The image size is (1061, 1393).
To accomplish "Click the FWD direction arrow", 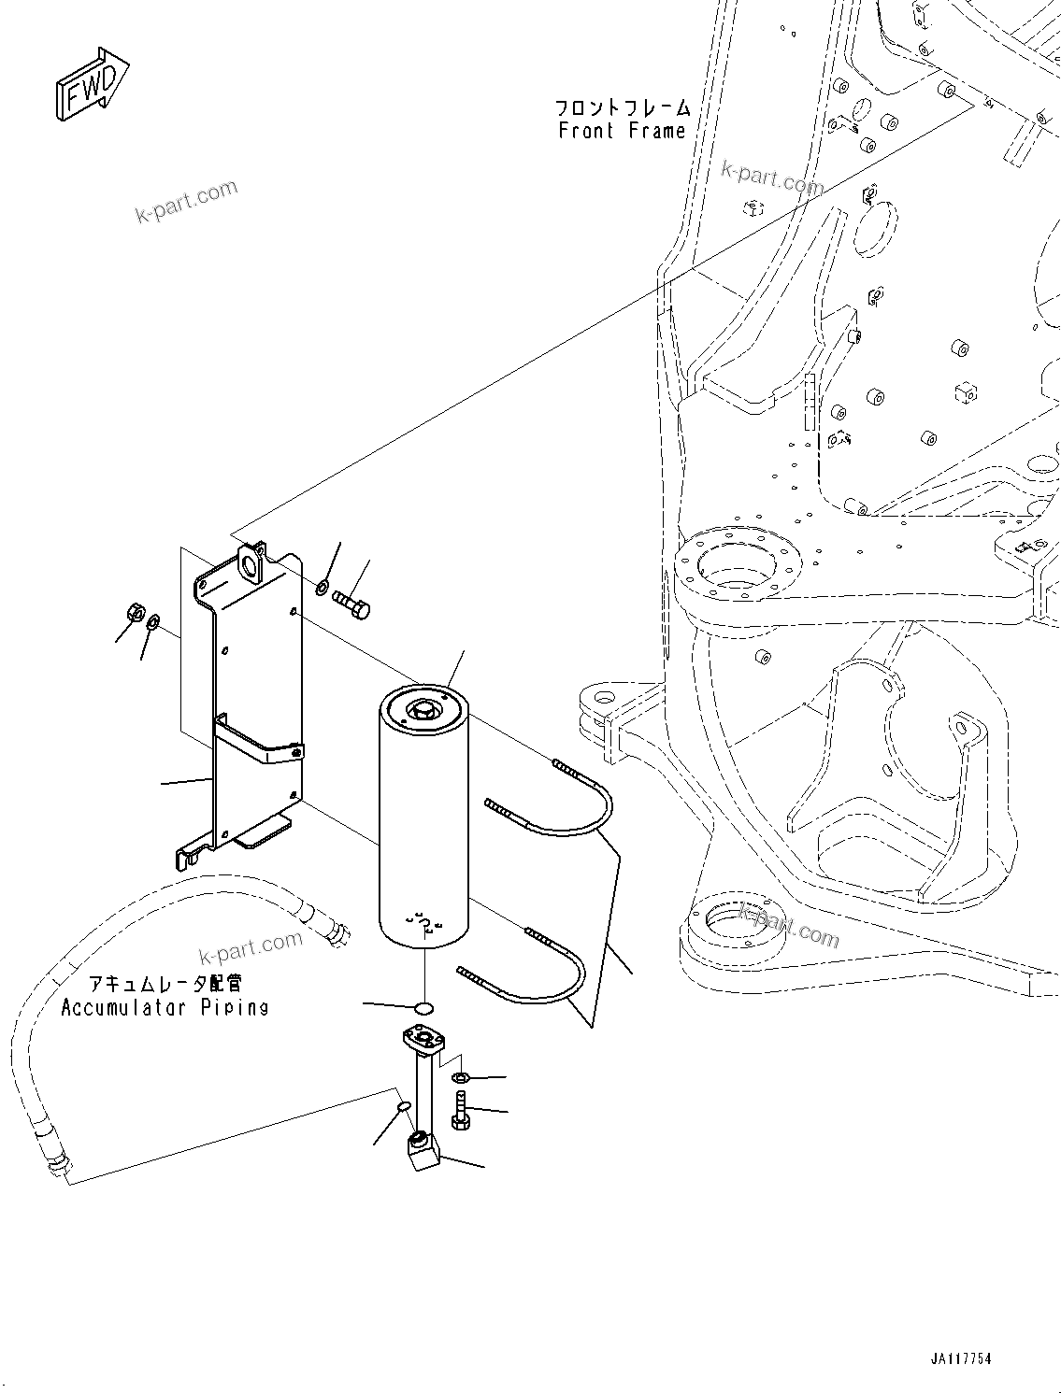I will pos(91,85).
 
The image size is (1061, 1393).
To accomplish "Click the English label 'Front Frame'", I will pos(622,132).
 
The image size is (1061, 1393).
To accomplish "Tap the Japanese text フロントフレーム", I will pos(623,107).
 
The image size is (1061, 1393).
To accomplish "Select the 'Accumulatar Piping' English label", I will pos(165,1007).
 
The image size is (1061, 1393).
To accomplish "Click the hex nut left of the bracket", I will pos(133,614).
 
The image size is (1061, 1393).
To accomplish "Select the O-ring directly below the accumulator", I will pos(423,1007).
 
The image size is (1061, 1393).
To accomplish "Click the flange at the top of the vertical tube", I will pos(423,1039).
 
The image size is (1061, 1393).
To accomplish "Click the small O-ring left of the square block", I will pos(403,1106).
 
